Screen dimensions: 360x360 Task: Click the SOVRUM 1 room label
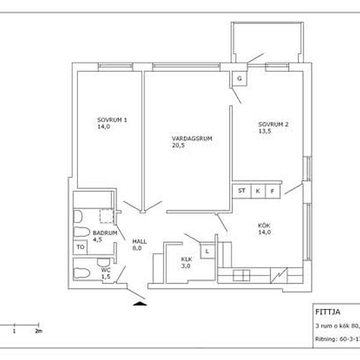(x=112, y=120)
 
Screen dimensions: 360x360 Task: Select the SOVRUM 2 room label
(x=273, y=124)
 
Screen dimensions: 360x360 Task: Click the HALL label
(x=139, y=242)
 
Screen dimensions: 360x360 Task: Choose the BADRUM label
(x=105, y=233)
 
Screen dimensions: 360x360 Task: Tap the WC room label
(x=105, y=270)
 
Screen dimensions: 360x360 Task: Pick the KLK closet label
(x=187, y=259)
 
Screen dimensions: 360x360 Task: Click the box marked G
(x=239, y=79)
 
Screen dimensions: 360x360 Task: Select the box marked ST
(x=242, y=191)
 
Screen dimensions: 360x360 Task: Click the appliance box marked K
(x=257, y=191)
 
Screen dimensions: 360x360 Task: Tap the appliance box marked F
(x=273, y=191)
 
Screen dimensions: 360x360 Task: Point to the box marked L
(x=207, y=251)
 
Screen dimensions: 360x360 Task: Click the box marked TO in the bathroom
(x=81, y=247)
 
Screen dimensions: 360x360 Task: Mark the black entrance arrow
(x=139, y=303)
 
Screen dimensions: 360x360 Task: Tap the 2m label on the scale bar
(x=39, y=331)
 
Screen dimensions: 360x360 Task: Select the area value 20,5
(x=178, y=146)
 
